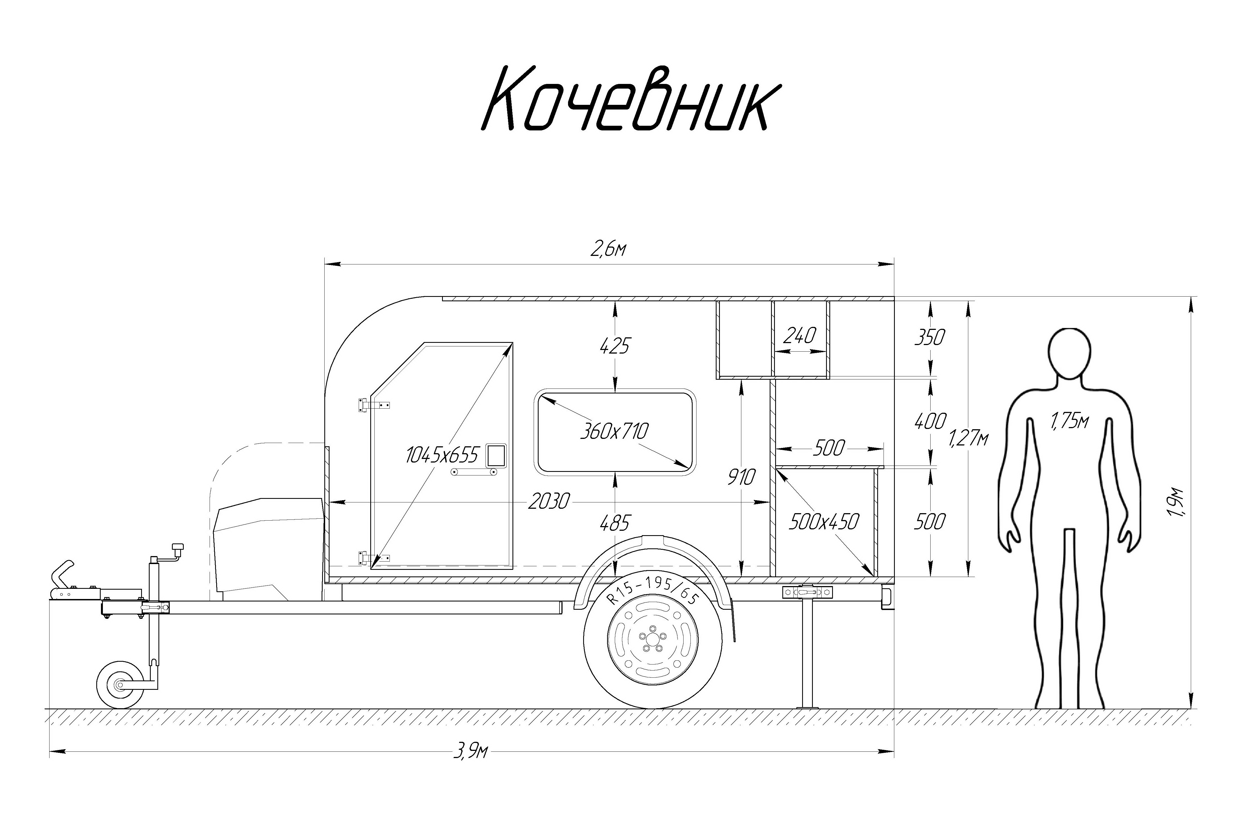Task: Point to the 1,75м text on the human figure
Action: pyautogui.click(x=1069, y=421)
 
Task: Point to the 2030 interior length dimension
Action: pyautogui.click(x=549, y=502)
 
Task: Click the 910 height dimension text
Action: pyautogui.click(x=741, y=477)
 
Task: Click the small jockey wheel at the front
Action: pyautogui.click(x=119, y=684)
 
